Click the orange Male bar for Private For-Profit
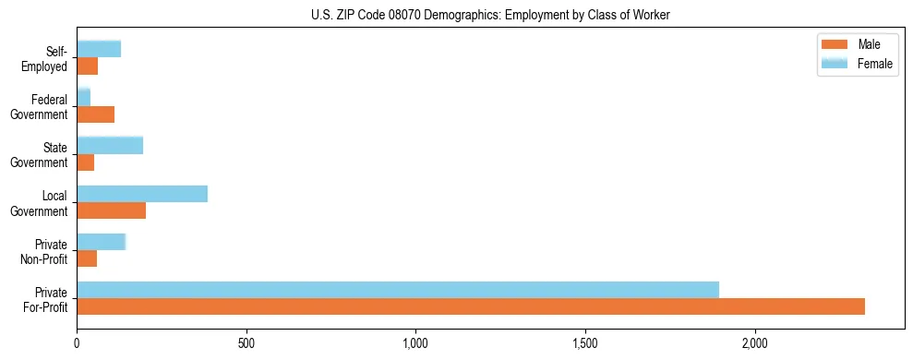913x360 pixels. [471, 306]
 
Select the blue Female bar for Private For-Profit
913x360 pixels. [398, 290]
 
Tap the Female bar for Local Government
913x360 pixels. [142, 194]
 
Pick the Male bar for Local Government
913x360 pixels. [112, 210]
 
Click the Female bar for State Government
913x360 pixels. [110, 145]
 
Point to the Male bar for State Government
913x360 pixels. [86, 162]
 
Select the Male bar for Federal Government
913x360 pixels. [96, 114]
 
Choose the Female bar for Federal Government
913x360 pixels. [84, 97]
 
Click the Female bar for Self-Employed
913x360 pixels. [99, 49]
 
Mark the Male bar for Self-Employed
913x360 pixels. [88, 66]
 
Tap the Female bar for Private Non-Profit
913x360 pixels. [101, 242]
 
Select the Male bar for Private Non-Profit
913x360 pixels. [87, 258]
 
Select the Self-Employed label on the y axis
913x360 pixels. [45, 58]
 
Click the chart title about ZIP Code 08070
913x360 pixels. [491, 14]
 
